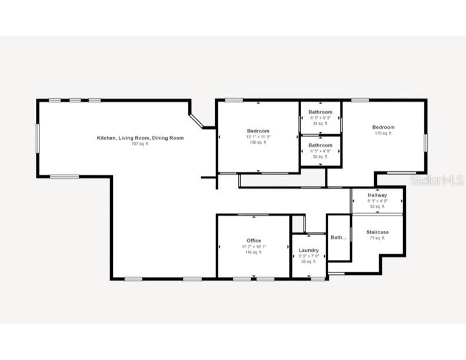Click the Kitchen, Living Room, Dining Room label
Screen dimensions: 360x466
pos(140,138)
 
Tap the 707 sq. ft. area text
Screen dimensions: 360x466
pos(140,144)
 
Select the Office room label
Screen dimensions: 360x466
pos(254,241)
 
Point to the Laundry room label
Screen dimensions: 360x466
pos(308,251)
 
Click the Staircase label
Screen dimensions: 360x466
pos(377,232)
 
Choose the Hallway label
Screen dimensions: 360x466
pos(377,195)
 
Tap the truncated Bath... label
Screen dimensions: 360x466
pos(338,238)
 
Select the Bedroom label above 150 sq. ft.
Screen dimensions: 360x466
pos(258,131)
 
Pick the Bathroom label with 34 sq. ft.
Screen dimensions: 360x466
pos(320,112)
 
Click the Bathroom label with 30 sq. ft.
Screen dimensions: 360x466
pos(320,145)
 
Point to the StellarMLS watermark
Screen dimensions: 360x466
pos(437,181)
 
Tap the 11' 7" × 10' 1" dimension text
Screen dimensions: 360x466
pos(254,246)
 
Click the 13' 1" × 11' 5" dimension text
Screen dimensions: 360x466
pos(258,136)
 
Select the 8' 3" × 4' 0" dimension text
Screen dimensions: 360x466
pos(377,201)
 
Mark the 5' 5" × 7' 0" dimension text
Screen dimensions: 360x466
pos(308,256)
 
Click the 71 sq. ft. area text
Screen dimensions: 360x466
pos(377,238)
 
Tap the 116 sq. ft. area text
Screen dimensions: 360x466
pos(254,252)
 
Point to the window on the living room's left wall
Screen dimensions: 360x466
pos(38,138)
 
